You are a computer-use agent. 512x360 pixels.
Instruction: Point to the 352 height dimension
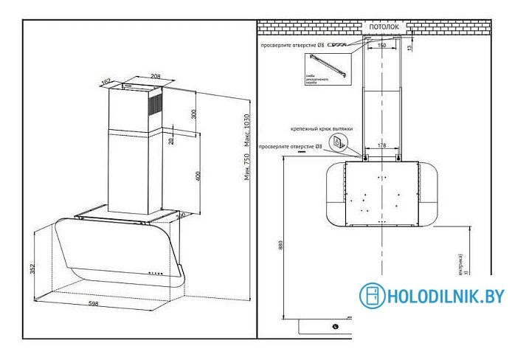pos(32,269)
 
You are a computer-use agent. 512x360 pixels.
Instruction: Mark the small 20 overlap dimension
pos(169,140)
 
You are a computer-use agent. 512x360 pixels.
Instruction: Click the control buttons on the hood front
pos(156,272)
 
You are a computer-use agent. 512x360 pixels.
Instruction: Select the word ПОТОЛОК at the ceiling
pos(381,27)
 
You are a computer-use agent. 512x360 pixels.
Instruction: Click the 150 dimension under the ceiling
pos(381,46)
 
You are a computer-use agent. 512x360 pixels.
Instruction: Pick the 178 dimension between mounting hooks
pos(382,146)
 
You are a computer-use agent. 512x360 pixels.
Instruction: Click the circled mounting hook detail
pos(336,142)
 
